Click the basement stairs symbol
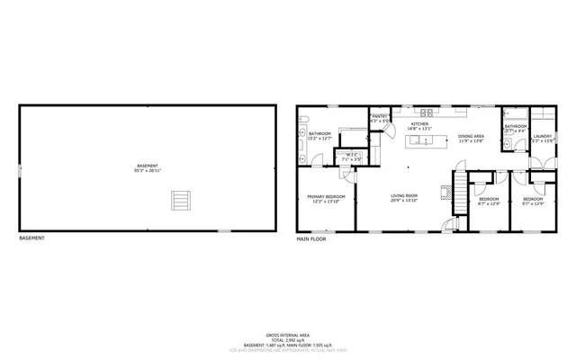tap(182, 200)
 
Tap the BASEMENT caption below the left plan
tap(31, 238)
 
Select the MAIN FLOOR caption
tap(311, 238)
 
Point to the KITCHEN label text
tap(420, 124)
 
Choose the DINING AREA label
tap(472, 136)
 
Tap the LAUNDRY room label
tap(542, 136)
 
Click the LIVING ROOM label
tap(404, 195)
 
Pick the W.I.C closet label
tap(353, 156)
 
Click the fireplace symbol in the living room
tap(445, 191)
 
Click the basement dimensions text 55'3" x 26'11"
tap(148, 170)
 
